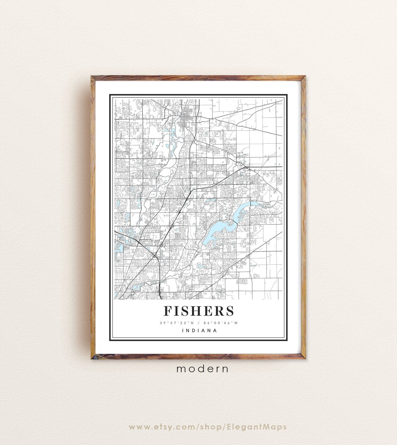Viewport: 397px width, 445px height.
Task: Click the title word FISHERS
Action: point(199,311)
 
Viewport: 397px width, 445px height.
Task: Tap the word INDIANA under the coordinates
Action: point(199,331)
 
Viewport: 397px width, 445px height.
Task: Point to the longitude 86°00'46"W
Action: point(223,323)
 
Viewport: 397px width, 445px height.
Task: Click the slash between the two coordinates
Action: point(199,323)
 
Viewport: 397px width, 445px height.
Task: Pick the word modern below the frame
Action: point(203,369)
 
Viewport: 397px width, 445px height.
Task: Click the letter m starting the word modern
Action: point(180,369)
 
